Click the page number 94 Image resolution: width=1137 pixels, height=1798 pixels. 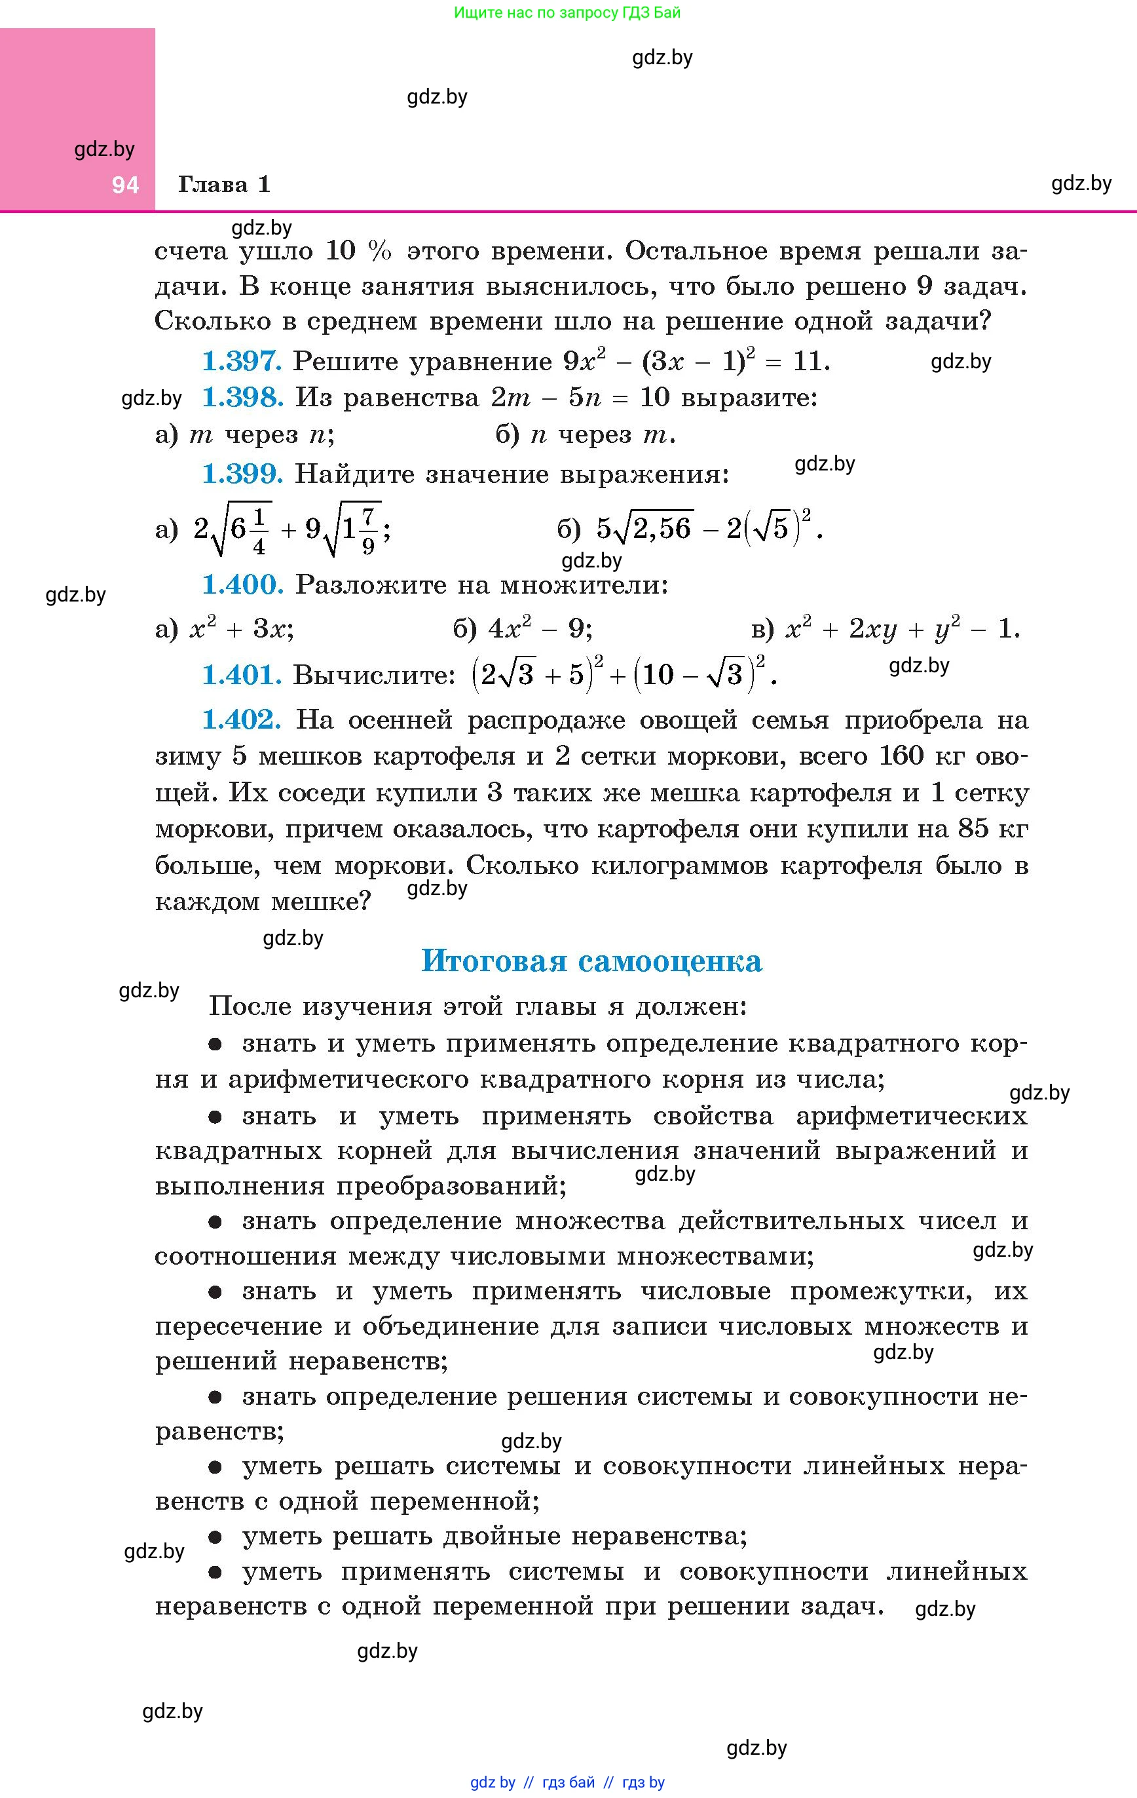[x=125, y=185]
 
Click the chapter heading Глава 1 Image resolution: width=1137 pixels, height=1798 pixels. [x=224, y=184]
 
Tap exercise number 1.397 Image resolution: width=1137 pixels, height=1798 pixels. [x=242, y=362]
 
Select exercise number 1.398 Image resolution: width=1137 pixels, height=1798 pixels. [x=242, y=397]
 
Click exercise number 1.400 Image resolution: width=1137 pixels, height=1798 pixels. [x=242, y=584]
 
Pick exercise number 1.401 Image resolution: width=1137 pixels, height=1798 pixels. [x=242, y=675]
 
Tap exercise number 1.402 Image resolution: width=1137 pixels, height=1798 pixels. [x=242, y=720]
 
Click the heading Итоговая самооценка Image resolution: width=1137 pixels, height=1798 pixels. [x=591, y=961]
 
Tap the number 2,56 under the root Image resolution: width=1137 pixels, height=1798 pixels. [x=663, y=529]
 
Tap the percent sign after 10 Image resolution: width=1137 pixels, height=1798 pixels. [x=379, y=252]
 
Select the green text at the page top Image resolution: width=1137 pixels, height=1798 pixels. [x=567, y=12]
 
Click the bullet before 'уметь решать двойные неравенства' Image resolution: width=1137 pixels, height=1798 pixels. [x=215, y=1537]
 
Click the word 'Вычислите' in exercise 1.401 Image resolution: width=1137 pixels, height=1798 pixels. [x=373, y=676]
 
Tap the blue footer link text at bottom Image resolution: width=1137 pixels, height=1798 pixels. [x=567, y=1782]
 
